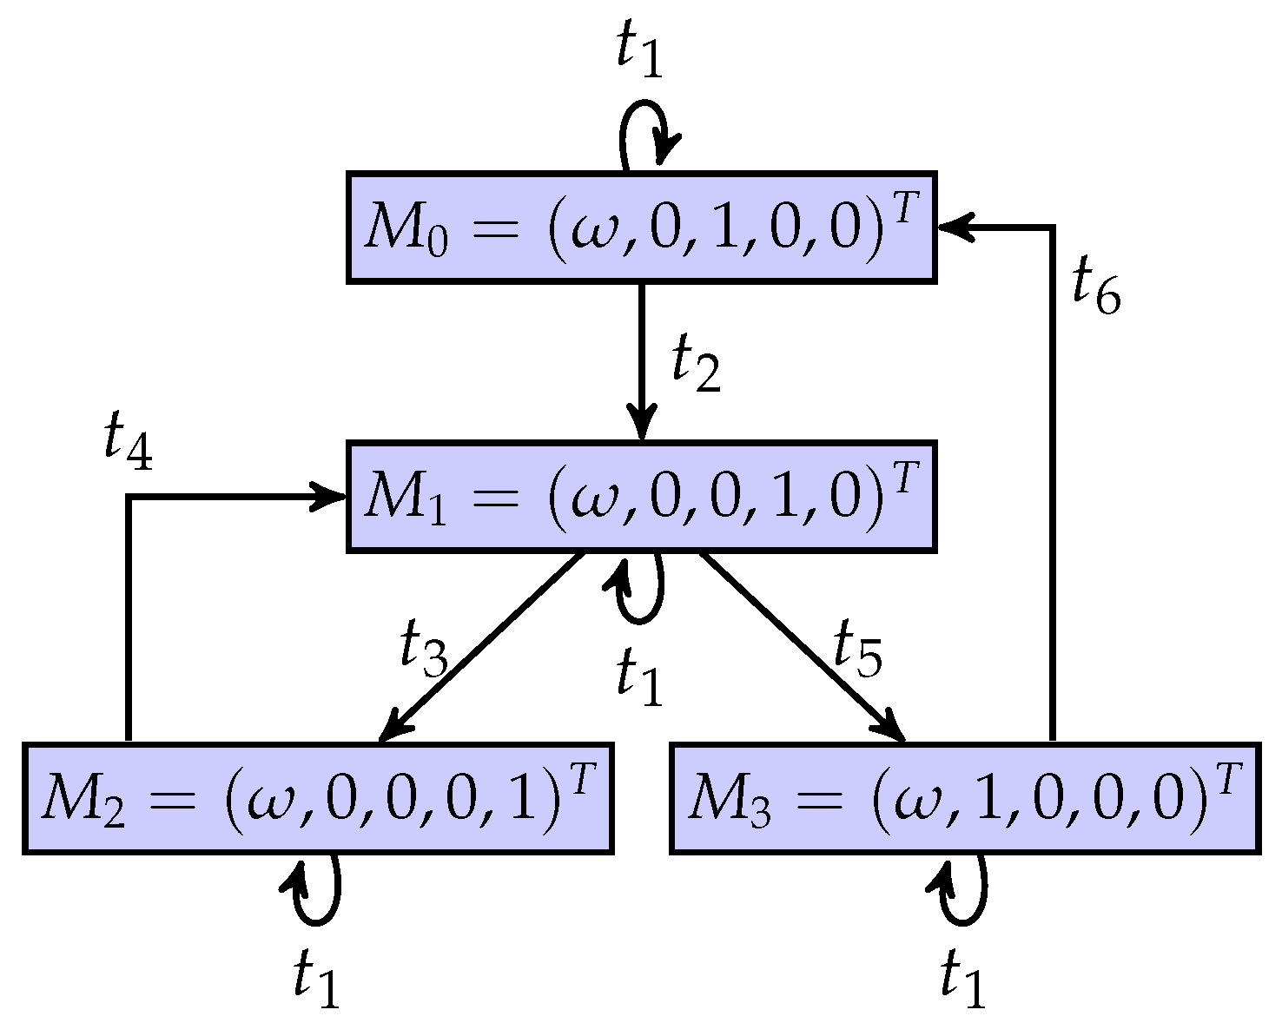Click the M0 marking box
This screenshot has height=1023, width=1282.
[x=641, y=228]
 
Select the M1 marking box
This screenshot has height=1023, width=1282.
[x=641, y=497]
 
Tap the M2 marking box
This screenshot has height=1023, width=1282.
[x=318, y=798]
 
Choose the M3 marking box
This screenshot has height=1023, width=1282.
[x=964, y=798]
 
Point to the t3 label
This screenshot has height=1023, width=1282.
[x=423, y=648]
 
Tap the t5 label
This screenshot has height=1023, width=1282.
[x=857, y=648]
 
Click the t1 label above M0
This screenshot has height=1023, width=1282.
[x=639, y=50]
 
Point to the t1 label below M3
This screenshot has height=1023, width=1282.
[x=964, y=979]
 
